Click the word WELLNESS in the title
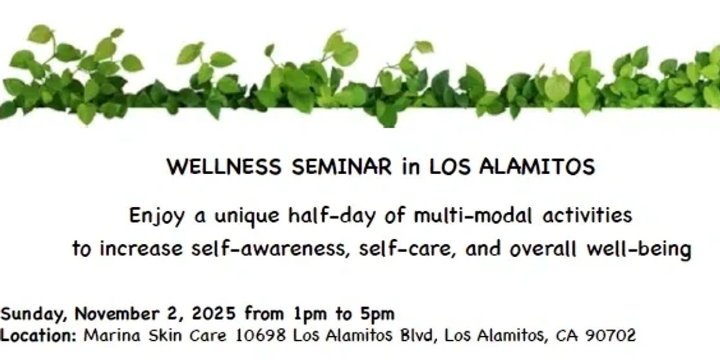pos(224,167)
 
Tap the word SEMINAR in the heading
pos(341,167)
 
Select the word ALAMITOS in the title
pos(537,167)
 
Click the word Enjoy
pos(157,216)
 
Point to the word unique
pos(247,217)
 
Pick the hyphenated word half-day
pos(332,216)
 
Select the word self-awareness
pos(271,249)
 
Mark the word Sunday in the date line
pos(34,314)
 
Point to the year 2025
pos(214,314)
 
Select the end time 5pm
pos(377,314)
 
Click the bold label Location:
pos(38,335)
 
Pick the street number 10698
pos(261,335)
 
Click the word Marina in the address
pos(112,335)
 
